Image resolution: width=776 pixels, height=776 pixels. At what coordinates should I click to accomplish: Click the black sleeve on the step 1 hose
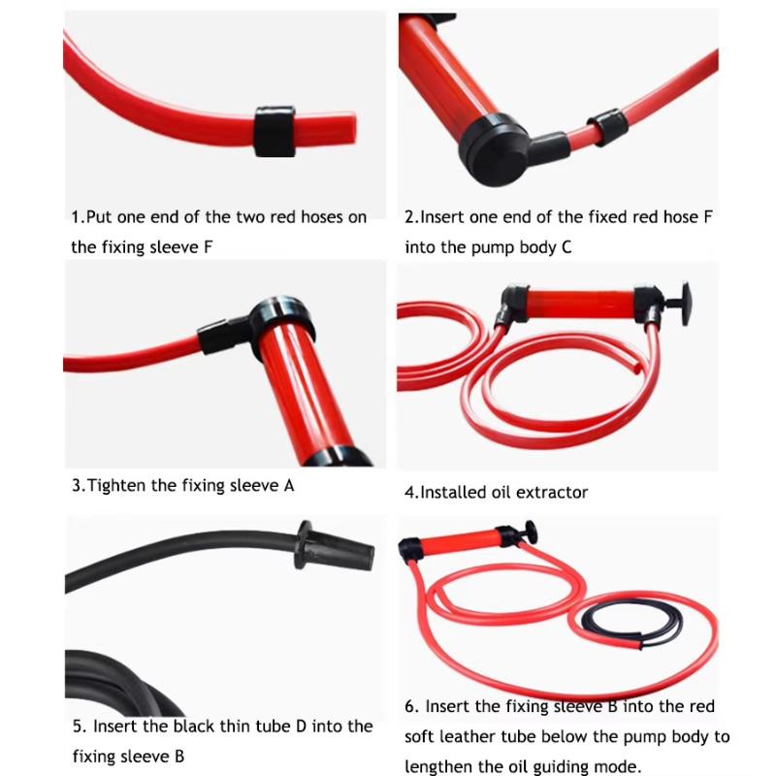click(x=275, y=131)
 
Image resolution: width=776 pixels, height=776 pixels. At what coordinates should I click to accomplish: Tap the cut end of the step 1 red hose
click(x=351, y=129)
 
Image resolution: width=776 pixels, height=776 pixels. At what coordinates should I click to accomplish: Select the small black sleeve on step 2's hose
click(x=608, y=127)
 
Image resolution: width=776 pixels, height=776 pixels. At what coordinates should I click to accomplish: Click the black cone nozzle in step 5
click(x=336, y=549)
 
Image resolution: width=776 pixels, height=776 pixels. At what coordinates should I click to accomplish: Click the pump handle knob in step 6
click(x=530, y=532)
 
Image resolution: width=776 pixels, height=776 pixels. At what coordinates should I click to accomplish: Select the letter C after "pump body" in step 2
click(x=566, y=247)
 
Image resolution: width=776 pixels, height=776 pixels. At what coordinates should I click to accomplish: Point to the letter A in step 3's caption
click(x=289, y=486)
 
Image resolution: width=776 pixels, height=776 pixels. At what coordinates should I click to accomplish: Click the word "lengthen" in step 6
click(x=439, y=767)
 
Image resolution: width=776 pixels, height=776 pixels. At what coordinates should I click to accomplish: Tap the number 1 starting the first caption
click(x=76, y=217)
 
